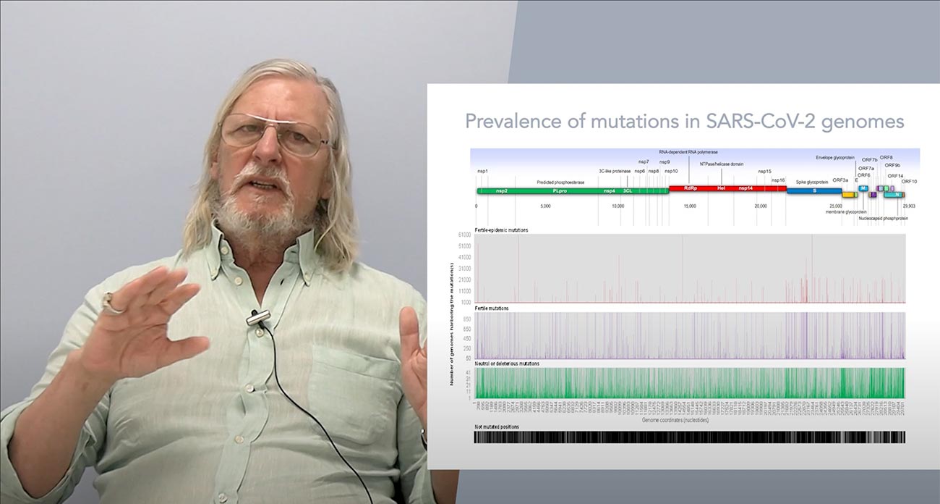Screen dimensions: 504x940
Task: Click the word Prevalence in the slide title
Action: coord(506,121)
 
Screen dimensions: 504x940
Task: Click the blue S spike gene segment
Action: coord(814,190)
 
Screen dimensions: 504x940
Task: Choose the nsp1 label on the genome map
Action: coord(482,171)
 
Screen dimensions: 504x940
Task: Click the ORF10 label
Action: coord(909,181)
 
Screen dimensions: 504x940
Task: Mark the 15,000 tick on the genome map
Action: coord(690,206)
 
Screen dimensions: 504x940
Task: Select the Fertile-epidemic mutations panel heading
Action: coord(501,230)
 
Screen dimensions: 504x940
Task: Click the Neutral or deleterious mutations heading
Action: coord(507,364)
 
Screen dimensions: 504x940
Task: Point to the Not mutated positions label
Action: coord(497,427)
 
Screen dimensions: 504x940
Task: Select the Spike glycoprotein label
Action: coord(812,181)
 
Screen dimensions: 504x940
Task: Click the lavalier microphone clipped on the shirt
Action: coord(257,316)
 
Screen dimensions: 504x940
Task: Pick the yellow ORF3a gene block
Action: coord(848,194)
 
